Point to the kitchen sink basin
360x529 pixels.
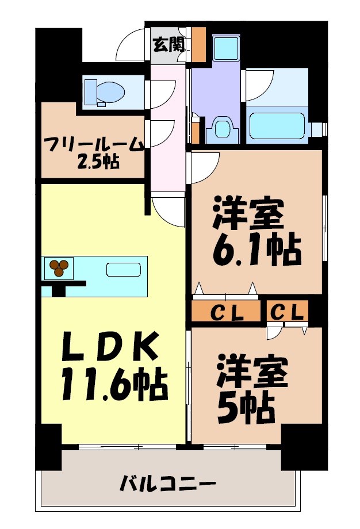tap(123, 270)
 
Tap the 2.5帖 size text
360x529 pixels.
tap(98, 163)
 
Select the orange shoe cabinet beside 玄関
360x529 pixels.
tap(198, 45)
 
